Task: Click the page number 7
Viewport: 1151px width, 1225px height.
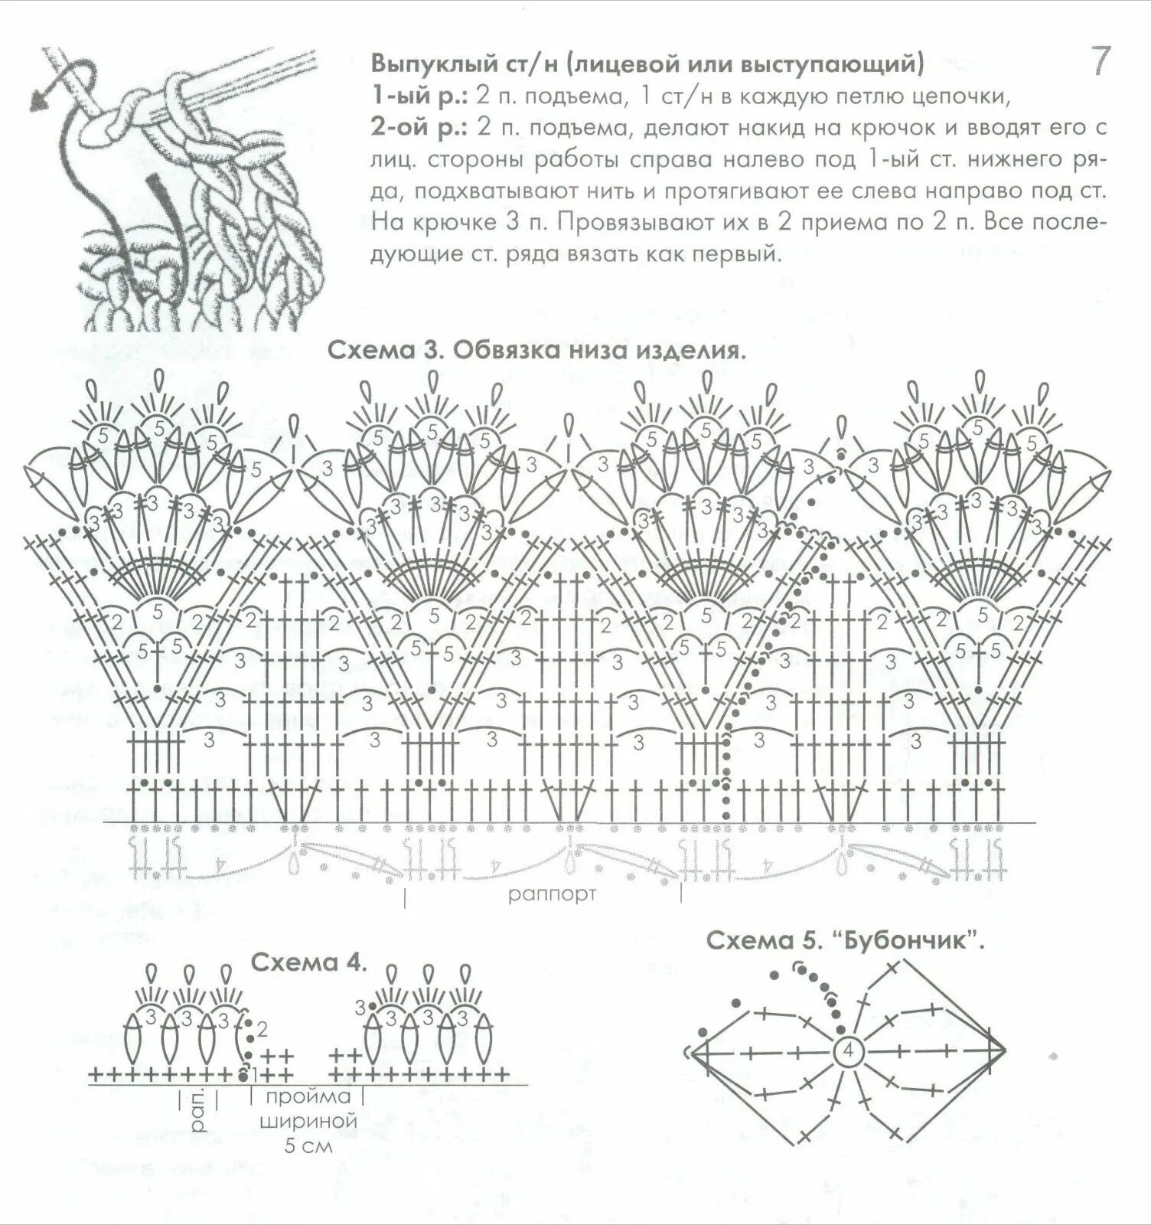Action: click(1099, 62)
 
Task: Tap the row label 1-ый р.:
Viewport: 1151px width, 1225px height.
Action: click(418, 96)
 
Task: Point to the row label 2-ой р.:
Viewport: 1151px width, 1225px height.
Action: click(420, 127)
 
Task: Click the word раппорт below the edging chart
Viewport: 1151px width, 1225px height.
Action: click(552, 893)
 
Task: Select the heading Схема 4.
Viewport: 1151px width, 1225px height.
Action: click(310, 962)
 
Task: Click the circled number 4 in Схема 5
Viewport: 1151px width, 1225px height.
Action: click(847, 1051)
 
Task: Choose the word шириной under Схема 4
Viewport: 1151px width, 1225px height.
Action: click(308, 1122)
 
